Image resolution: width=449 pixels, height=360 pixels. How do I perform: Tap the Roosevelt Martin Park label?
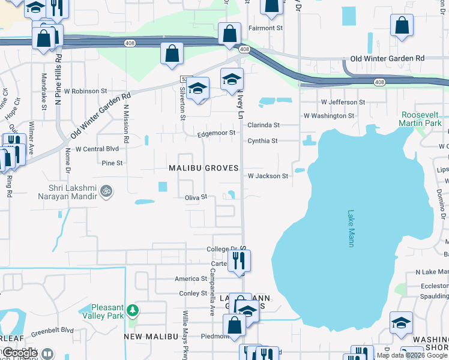421,118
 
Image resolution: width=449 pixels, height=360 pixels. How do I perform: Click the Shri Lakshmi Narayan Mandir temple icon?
106,191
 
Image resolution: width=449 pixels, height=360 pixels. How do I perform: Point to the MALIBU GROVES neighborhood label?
204,168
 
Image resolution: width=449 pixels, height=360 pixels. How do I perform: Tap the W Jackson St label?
268,176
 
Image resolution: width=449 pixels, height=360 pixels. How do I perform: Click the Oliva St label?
196,197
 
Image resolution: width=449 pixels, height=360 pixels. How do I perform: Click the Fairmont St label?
266,28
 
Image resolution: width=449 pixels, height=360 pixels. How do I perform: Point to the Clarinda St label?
264,125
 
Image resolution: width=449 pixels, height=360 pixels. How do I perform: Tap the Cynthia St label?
262,141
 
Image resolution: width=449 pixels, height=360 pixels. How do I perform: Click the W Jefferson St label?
343,103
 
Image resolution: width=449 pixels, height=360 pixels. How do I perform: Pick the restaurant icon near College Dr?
239,261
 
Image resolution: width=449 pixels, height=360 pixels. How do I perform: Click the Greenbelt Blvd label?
52,330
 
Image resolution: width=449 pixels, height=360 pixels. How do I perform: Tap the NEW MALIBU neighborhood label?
149,337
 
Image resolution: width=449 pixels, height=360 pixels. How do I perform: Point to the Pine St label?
112,163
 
